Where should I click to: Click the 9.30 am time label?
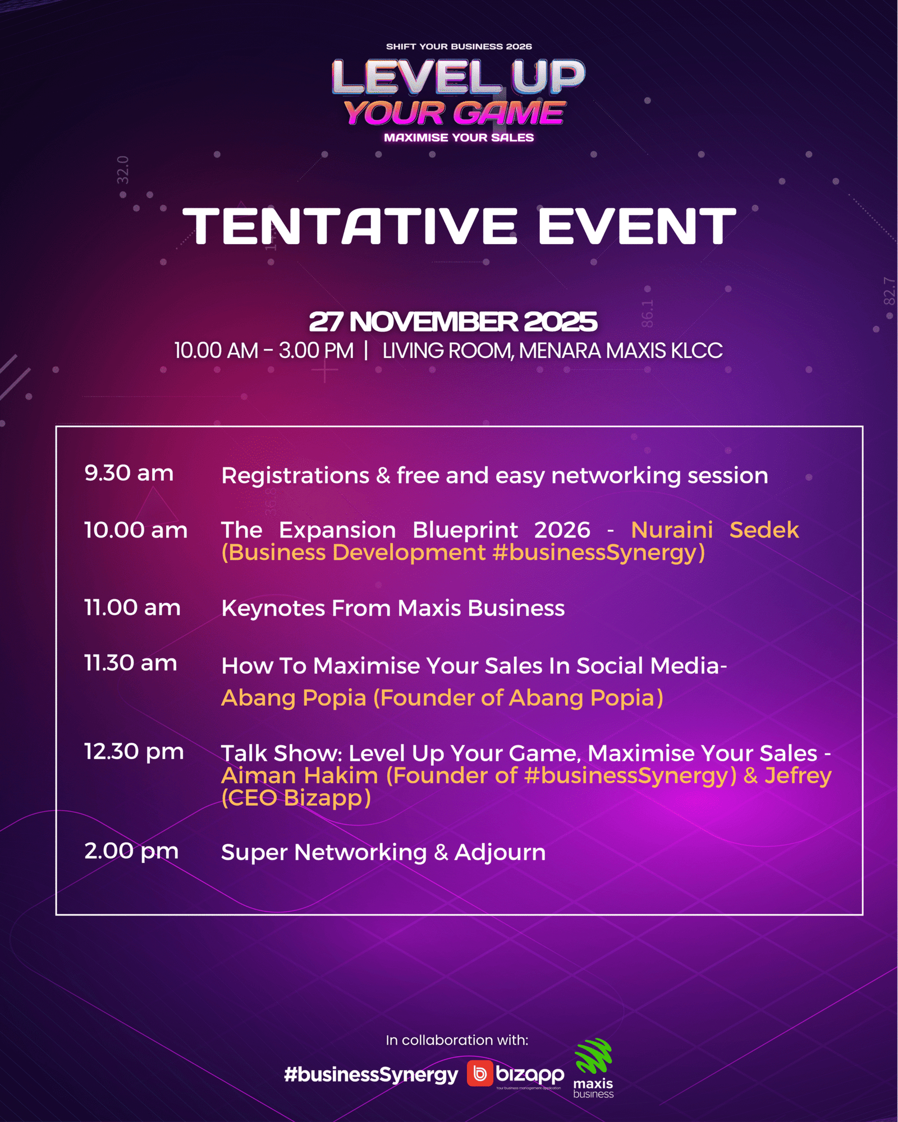(129, 473)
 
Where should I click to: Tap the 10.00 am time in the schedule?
(136, 530)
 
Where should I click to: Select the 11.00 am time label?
(132, 608)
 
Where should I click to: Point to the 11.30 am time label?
(131, 663)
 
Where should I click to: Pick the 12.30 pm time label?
(134, 752)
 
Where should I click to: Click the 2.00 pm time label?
(131, 851)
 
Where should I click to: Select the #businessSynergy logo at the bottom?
(371, 1074)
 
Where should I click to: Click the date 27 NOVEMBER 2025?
(453, 321)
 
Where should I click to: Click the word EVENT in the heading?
(637, 226)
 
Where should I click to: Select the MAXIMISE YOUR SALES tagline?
(459, 137)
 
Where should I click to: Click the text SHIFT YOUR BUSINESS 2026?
(459, 47)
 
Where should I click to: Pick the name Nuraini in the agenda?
(672, 530)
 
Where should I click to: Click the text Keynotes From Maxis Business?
(393, 608)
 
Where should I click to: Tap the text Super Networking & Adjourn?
(383, 852)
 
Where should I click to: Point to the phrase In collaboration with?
(457, 1040)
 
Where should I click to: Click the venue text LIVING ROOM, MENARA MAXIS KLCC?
(552, 351)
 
